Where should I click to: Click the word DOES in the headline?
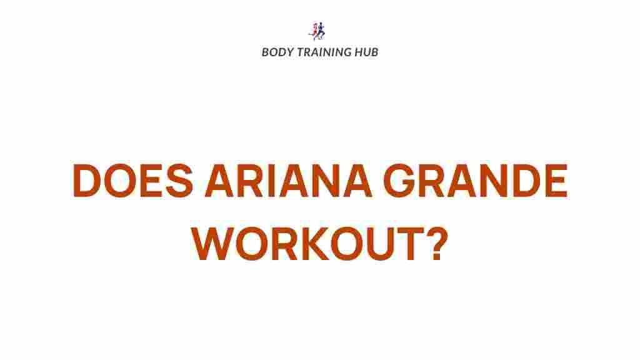click(x=133, y=180)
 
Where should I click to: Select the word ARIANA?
click(x=289, y=180)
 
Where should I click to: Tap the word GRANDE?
click(x=476, y=180)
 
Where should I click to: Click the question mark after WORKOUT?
click(x=437, y=243)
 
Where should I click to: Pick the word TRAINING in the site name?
click(x=324, y=52)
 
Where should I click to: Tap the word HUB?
click(x=366, y=52)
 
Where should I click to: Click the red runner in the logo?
click(x=315, y=31)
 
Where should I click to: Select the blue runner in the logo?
click(x=322, y=31)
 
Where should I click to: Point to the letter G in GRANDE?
click(x=399, y=180)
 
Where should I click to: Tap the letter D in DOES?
click(x=87, y=180)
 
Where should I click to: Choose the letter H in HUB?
click(x=358, y=52)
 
